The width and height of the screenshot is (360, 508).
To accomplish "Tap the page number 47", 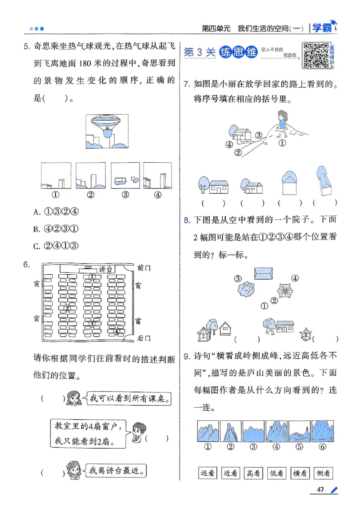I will pos(320,490).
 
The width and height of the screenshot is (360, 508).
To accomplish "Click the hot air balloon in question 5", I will pos(105,124).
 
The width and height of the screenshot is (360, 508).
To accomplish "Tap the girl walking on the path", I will pos(282,124).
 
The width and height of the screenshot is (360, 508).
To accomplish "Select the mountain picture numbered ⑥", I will pos(322,431).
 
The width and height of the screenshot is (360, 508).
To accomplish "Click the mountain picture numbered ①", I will pos(208,431).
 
